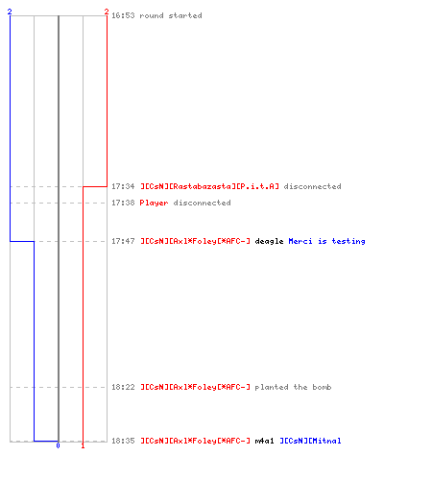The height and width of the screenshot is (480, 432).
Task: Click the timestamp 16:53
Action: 123,15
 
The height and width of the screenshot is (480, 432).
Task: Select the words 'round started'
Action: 171,15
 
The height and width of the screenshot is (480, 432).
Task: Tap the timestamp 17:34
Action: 123,186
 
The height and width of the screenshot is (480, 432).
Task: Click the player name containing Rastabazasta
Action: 209,186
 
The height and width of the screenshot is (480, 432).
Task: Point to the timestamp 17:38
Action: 123,203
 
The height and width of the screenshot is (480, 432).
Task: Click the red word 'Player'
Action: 154,203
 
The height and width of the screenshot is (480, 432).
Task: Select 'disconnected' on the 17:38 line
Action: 202,203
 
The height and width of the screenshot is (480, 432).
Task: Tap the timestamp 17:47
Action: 123,241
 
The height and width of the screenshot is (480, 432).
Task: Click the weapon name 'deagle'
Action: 269,241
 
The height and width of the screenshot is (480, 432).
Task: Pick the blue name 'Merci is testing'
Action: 326,241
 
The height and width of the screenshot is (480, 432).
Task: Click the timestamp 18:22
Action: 123,387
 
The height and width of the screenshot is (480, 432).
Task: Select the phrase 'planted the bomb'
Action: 293,388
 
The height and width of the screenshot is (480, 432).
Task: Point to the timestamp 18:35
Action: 123,441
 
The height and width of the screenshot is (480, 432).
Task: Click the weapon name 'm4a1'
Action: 264,441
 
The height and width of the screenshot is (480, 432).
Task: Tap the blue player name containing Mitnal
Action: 310,441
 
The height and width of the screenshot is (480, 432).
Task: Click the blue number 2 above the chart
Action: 10,12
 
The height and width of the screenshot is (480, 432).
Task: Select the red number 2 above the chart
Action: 107,12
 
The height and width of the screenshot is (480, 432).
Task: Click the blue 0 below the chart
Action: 58,445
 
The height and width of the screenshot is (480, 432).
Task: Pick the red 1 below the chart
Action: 83,445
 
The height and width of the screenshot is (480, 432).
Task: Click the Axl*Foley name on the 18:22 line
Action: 195,387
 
